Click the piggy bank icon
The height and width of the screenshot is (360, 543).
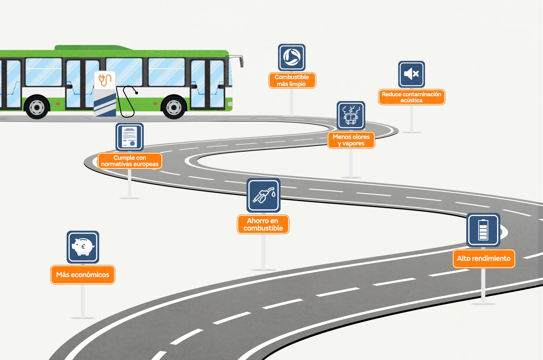tap(83, 247)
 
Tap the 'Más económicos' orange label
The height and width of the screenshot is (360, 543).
tap(83, 275)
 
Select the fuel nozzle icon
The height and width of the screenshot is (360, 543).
tap(264, 196)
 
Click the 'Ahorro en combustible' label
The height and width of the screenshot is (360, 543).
tap(263, 225)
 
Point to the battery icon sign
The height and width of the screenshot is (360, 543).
tap(483, 230)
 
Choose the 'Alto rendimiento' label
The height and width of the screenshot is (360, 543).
tap(484, 259)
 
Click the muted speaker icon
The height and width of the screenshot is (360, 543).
tap(412, 74)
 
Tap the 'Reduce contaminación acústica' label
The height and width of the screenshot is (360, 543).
tap(412, 97)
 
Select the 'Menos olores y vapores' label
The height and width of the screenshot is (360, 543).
tap(351, 140)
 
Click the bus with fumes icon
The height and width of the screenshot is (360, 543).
tap(351, 116)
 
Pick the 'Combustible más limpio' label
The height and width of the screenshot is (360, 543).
tap(292, 80)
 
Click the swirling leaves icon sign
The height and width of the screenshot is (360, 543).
tap(292, 57)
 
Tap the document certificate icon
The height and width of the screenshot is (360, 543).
tap(130, 137)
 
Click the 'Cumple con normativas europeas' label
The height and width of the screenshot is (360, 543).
tap(130, 161)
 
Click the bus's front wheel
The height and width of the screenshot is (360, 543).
tap(174, 107)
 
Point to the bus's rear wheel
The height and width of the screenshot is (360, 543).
tap(37, 107)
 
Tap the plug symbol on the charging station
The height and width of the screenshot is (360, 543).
tap(105, 80)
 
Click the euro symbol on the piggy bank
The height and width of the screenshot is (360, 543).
tap(83, 247)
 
